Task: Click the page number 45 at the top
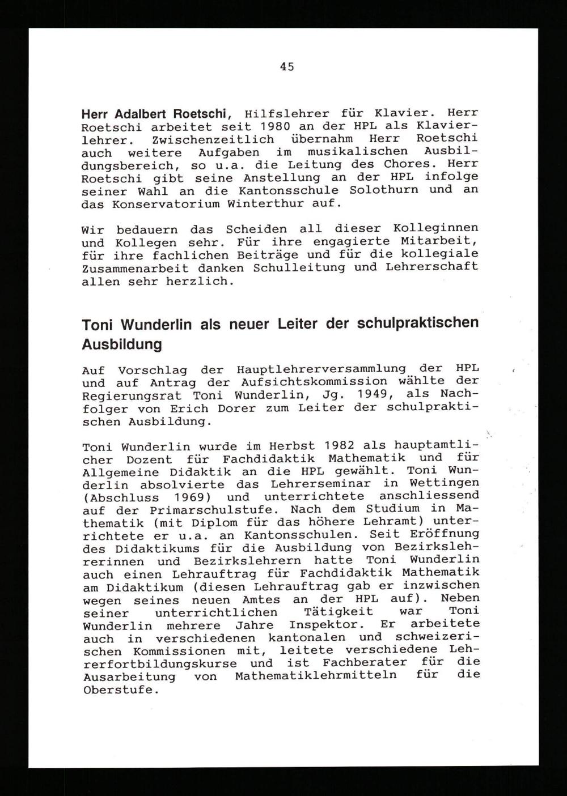point(287,67)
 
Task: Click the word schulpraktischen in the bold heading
point(418,323)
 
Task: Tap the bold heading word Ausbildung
point(122,344)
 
